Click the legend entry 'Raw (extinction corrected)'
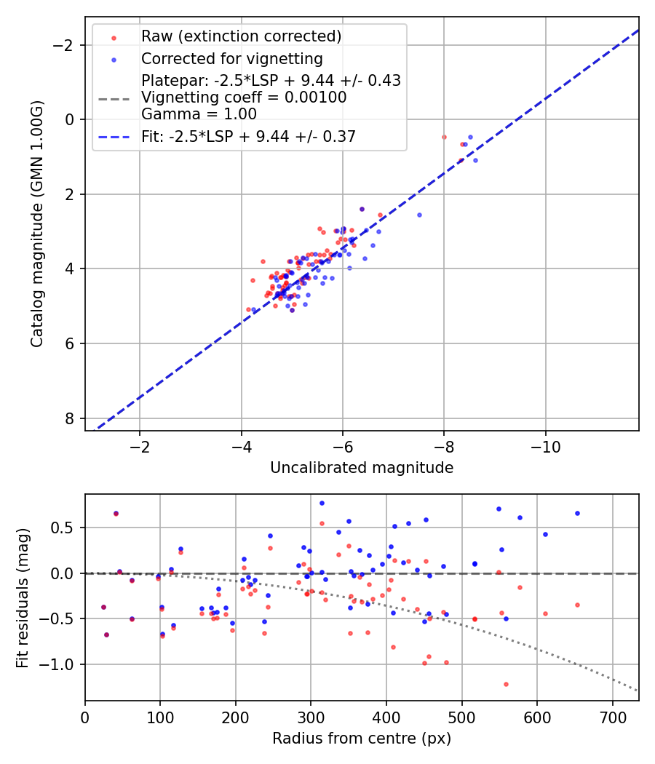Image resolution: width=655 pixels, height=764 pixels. (241, 36)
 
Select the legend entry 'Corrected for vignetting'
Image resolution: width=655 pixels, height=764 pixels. (231, 58)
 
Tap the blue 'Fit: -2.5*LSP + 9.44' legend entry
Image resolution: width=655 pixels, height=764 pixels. (248, 136)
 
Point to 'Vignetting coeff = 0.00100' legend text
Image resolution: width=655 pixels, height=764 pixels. (244, 97)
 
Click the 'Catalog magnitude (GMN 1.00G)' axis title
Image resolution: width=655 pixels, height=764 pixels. (37, 223)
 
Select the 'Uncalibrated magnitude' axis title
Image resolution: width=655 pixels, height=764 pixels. (362, 468)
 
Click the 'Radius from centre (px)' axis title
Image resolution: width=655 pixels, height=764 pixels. (362, 739)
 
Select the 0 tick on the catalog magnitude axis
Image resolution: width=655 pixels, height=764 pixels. (71, 119)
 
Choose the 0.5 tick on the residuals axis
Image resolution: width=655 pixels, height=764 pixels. (65, 528)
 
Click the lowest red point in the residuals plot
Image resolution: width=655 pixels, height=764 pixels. (506, 684)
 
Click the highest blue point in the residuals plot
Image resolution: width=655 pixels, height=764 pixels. (322, 503)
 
